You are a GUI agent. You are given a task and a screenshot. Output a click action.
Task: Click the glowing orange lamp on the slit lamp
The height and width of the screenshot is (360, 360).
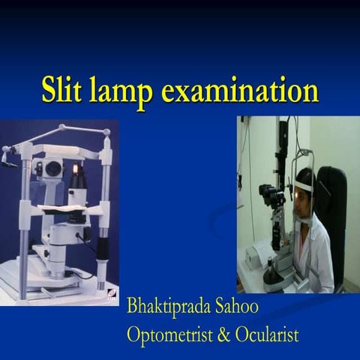pyautogui.click(x=75, y=169)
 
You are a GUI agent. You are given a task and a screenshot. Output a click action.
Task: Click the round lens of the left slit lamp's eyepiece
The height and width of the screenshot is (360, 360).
pyautogui.click(x=52, y=169)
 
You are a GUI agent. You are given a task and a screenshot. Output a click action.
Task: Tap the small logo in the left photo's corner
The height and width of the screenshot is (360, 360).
pyautogui.click(x=111, y=294)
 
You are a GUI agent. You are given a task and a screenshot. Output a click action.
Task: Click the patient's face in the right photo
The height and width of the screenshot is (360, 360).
pyautogui.click(x=302, y=200)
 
